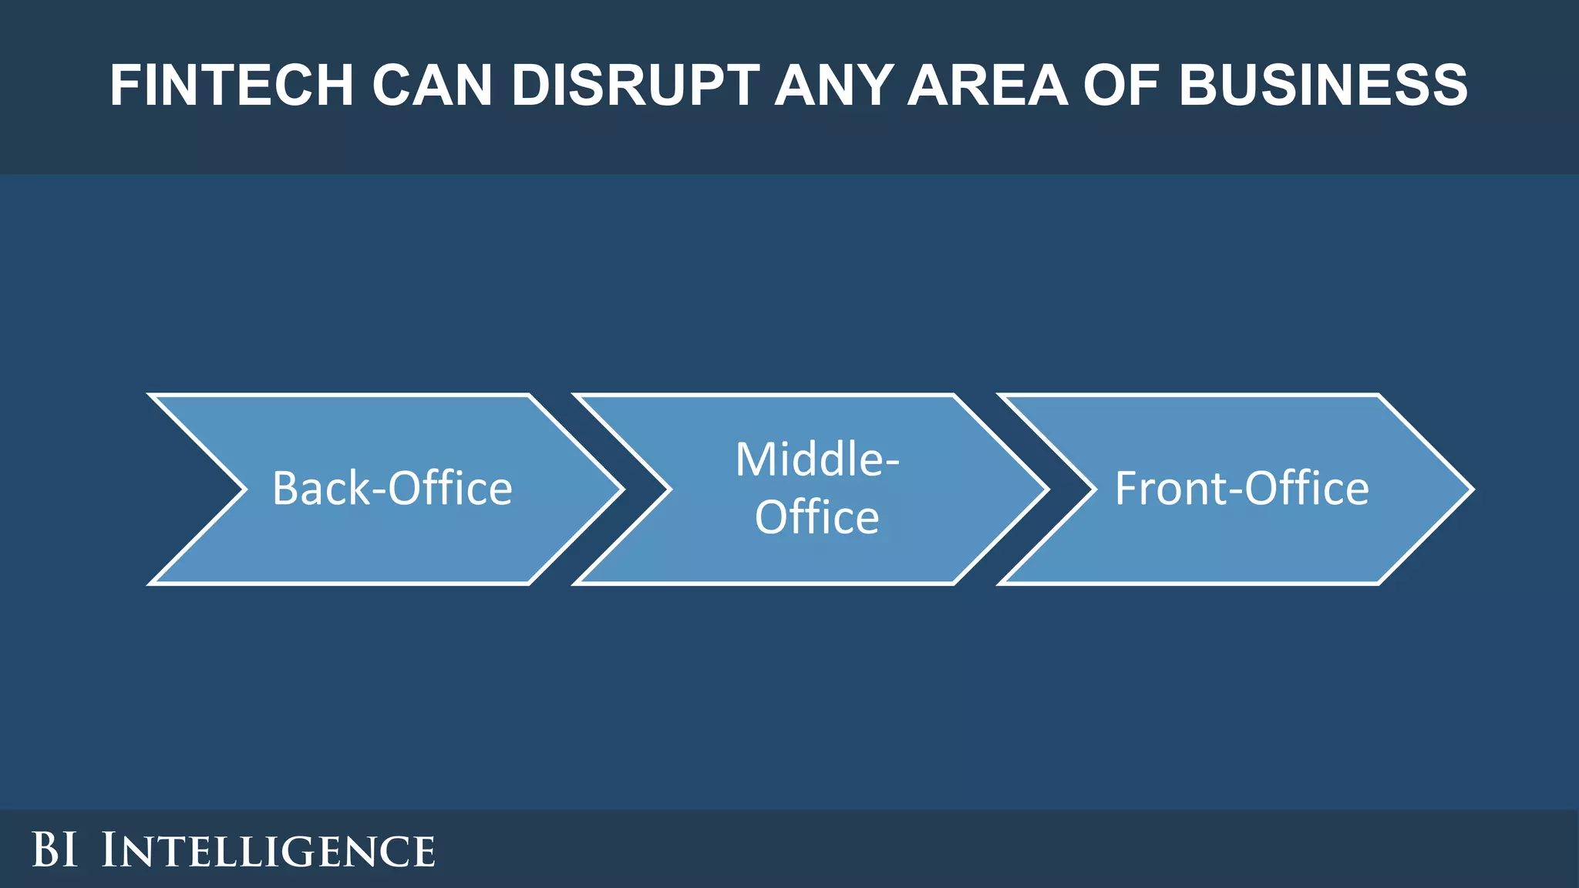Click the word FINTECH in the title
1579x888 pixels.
tap(231, 85)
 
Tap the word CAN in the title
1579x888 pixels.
tap(432, 85)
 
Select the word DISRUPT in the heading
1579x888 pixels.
tap(635, 85)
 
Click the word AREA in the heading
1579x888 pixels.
tap(988, 85)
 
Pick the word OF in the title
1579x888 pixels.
tap(1123, 85)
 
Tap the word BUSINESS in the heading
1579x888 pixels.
tap(1323, 85)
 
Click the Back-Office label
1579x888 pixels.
tap(392, 489)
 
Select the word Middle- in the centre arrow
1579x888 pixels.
tap(817, 459)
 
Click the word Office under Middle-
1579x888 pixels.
tap(816, 517)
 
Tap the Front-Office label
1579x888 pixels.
tap(1241, 489)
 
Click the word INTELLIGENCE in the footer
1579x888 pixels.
tap(268, 850)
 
